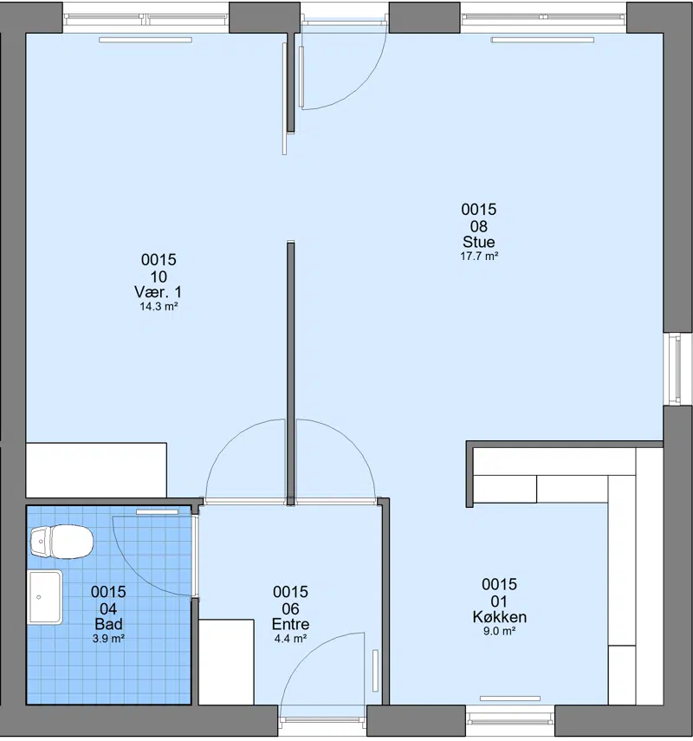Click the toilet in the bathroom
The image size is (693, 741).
click(x=62, y=542)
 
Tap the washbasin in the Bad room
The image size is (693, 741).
click(x=45, y=597)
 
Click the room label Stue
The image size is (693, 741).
click(x=478, y=242)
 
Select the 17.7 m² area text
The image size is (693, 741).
click(x=479, y=257)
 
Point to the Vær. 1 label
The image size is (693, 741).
click(x=158, y=291)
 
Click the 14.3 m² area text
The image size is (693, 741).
click(x=159, y=306)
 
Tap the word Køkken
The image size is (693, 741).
click(x=499, y=617)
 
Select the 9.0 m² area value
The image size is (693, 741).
click(x=499, y=631)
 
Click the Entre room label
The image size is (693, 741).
click(x=290, y=624)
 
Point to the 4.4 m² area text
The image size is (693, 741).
click(x=290, y=639)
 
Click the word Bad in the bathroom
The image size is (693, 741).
click(x=108, y=624)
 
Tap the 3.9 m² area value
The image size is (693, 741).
click(x=108, y=639)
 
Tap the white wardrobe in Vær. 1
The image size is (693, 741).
click(x=96, y=470)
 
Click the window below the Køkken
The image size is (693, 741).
click(x=510, y=721)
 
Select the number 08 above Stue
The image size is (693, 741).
click(x=478, y=226)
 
